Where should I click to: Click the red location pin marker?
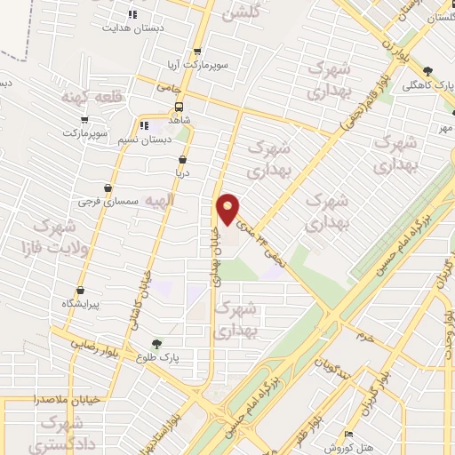228,209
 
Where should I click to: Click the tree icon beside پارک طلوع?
156,344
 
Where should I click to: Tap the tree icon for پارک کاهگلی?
427,71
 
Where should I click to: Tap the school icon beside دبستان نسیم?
144,125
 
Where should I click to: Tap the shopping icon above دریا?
183,159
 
